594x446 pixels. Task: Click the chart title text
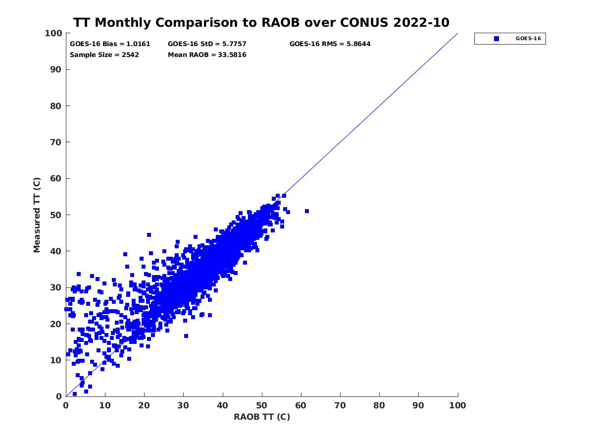click(261, 23)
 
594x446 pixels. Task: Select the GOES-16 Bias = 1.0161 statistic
click(110, 44)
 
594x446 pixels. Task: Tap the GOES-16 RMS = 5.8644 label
click(330, 44)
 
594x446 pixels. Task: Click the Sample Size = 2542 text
click(104, 55)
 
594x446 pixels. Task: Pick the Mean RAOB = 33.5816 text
click(207, 55)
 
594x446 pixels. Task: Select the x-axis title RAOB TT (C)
click(261, 417)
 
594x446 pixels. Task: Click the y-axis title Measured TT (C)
click(37, 215)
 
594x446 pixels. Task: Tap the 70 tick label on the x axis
click(340, 406)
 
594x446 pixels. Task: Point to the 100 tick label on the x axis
click(457, 406)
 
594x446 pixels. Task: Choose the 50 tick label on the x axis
click(262, 406)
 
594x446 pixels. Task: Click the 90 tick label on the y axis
click(56, 69)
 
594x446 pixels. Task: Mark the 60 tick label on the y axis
click(56, 178)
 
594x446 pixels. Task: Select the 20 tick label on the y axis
click(56, 324)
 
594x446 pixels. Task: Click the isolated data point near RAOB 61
click(307, 211)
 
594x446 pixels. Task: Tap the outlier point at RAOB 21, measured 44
click(148, 235)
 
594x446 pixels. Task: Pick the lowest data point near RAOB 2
click(74, 394)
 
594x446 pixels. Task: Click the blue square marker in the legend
click(496, 39)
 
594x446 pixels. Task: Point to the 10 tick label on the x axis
click(105, 406)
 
